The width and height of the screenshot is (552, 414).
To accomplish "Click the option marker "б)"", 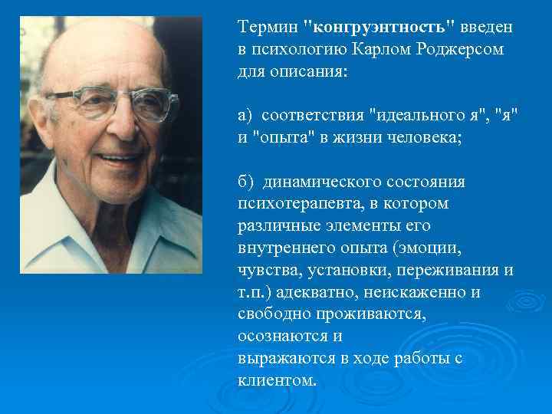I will tap(247, 183).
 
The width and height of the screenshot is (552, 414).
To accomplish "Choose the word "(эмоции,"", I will tap(432, 250).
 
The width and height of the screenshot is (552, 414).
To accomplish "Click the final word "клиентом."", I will tap(277, 381).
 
